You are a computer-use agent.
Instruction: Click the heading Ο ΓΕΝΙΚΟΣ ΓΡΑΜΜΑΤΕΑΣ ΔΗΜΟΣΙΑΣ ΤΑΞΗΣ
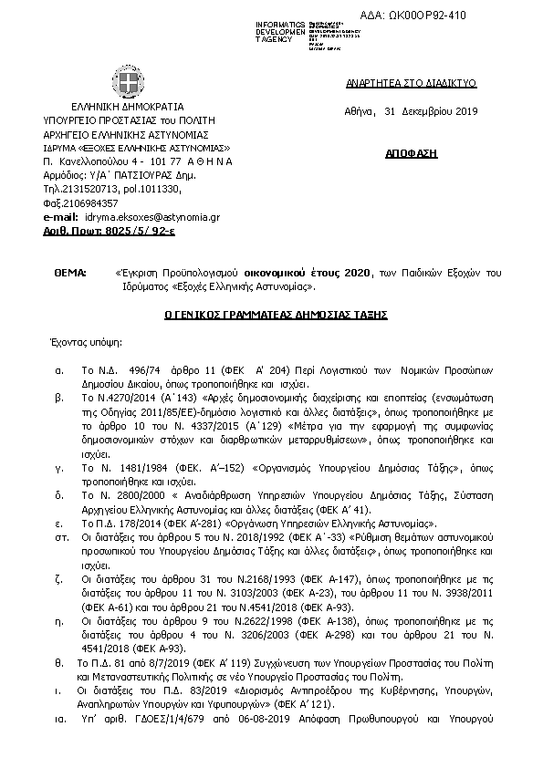(276, 314)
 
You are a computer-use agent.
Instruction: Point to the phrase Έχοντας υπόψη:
(85, 344)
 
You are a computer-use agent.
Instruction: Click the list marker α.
(58, 372)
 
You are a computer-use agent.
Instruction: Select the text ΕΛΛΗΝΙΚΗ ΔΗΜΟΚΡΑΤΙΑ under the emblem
(127, 106)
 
